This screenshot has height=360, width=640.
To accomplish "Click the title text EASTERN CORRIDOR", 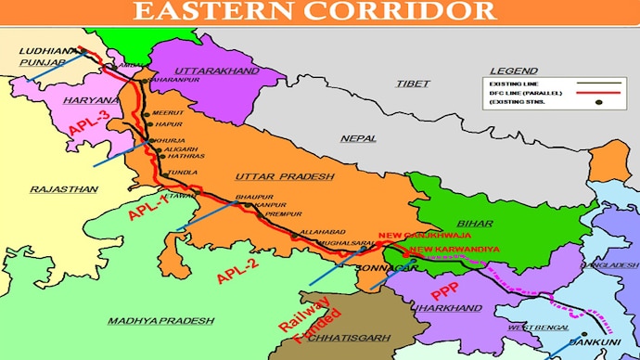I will pos(314,11).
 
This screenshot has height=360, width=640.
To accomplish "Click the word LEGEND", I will pos(514,71).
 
